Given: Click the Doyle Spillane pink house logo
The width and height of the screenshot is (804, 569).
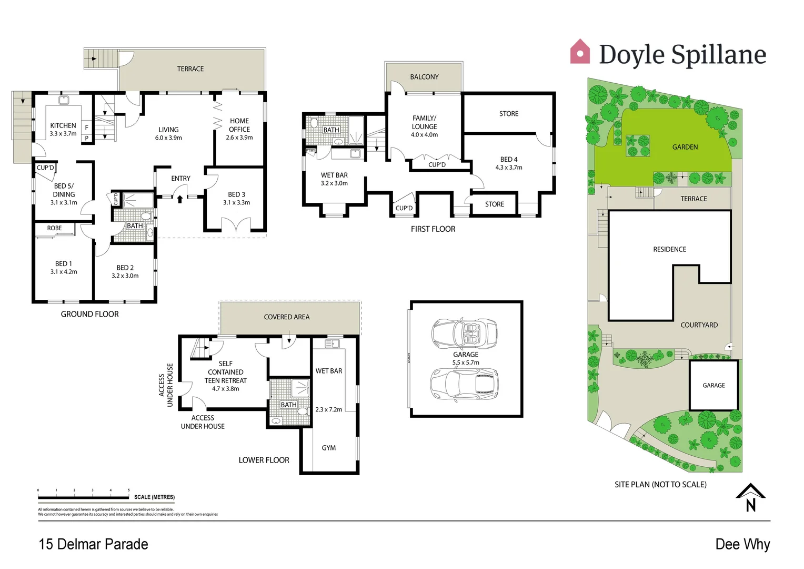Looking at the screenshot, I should click(x=580, y=52).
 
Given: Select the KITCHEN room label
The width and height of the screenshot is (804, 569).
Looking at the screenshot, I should click(x=63, y=125).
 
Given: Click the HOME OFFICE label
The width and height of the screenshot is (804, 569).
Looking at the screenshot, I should click(x=239, y=125).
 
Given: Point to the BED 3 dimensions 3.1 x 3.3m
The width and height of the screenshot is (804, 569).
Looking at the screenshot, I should click(x=236, y=202).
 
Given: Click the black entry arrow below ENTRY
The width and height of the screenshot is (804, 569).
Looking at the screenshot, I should click(x=180, y=199).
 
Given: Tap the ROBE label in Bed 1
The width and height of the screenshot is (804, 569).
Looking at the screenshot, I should click(x=54, y=228).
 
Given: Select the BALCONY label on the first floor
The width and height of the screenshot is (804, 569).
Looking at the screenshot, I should click(x=424, y=77).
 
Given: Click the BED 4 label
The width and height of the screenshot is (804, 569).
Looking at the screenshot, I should click(x=508, y=159).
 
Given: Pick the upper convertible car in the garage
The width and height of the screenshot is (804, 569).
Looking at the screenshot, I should click(x=465, y=333).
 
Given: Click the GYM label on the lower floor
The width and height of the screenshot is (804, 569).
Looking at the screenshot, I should click(x=328, y=448).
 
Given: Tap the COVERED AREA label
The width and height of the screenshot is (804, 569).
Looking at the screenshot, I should click(x=287, y=317).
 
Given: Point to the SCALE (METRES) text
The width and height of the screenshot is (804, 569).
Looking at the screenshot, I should click(x=154, y=497).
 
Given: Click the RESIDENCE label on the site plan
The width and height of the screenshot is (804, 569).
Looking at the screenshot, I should click(x=669, y=249).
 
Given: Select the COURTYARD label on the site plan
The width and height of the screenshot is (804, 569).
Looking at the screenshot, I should click(x=699, y=325).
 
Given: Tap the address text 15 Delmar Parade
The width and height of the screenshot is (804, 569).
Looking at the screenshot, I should click(x=94, y=544).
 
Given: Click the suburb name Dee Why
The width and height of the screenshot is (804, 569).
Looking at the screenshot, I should click(x=742, y=544).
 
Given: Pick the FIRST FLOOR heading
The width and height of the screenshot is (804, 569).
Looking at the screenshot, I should click(x=433, y=229).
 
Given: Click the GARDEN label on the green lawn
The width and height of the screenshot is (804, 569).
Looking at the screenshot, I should click(x=685, y=147).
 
